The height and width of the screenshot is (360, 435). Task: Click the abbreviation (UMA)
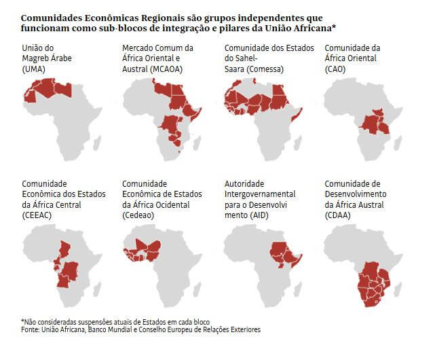[x=35, y=69]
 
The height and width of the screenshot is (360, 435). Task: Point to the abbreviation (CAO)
[x=338, y=69]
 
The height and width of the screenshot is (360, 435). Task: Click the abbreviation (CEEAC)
[x=38, y=215]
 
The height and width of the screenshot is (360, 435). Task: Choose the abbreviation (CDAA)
[x=341, y=215]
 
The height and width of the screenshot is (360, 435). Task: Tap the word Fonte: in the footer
[x=32, y=329]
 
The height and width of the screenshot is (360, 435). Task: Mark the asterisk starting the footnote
[x=22, y=320]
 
